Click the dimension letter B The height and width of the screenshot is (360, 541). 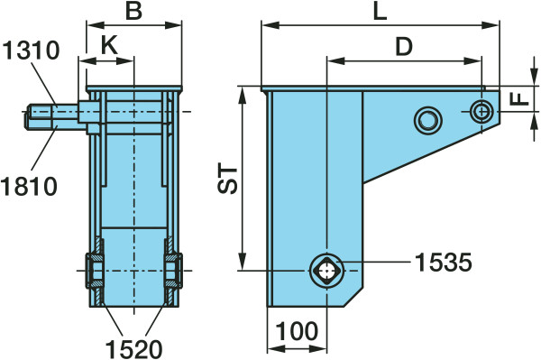point(133,11)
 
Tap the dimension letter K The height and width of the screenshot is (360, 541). point(109,44)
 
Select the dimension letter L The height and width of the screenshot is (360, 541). point(380,12)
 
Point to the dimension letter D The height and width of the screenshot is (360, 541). point(404,46)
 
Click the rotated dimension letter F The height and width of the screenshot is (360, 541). point(519,99)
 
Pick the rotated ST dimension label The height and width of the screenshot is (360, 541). point(228,180)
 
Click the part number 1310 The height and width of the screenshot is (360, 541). point(31,50)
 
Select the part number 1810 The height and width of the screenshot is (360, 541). point(29,186)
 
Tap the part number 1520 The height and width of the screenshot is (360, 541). point(133,348)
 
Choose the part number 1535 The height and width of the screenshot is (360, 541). point(443,263)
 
